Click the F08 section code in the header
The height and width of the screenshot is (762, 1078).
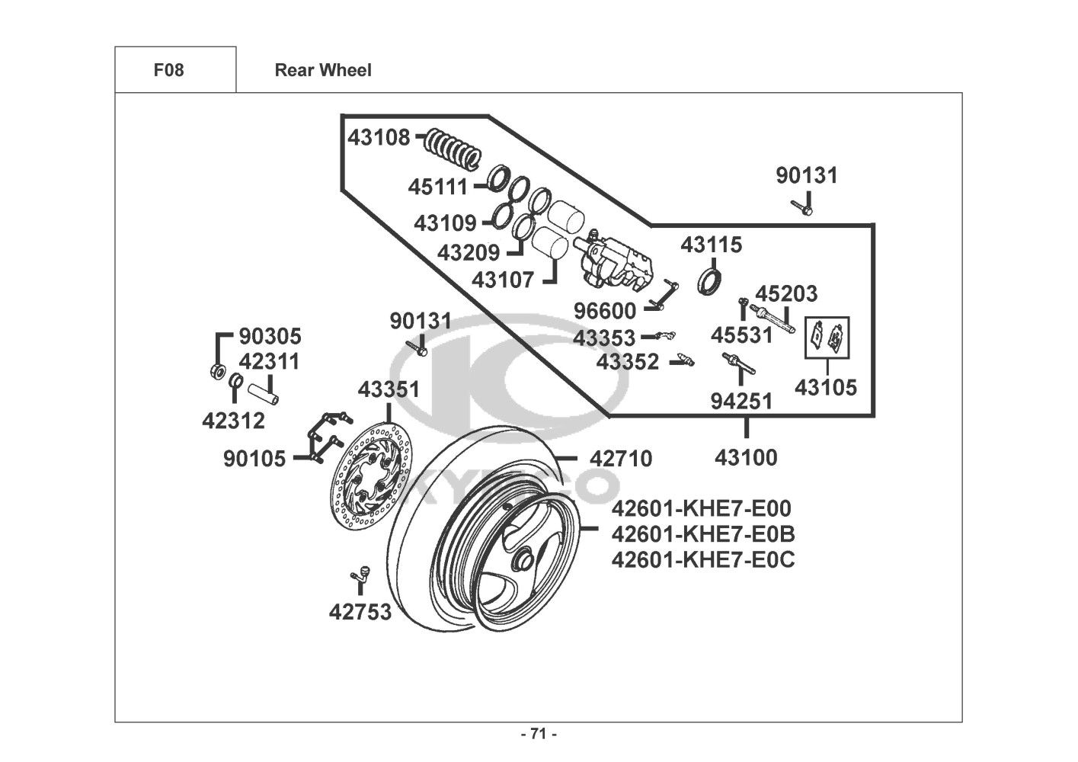168,70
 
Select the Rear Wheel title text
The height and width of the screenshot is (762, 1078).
323,70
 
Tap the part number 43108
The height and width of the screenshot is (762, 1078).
379,138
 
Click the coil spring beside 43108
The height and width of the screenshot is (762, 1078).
453,148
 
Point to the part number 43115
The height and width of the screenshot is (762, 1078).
711,245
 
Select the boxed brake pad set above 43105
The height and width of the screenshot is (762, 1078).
827,337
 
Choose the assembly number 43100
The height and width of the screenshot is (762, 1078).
746,458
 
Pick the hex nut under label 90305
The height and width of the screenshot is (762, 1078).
216,372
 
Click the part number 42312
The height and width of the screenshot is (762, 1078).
233,420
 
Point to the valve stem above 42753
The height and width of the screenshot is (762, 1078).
359,576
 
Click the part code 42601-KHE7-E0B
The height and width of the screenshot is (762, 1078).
702,534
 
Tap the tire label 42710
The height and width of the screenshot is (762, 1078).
621,459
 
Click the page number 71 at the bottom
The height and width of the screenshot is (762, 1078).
539,735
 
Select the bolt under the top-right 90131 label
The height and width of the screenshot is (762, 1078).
802,205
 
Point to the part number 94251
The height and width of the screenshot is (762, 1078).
741,401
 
